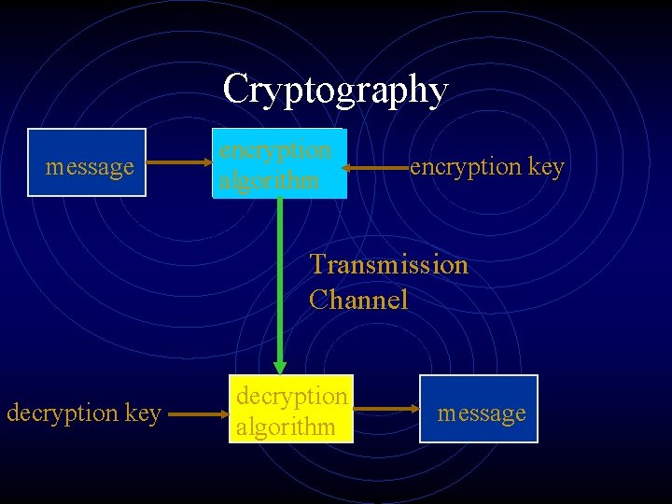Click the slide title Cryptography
coord(336,90)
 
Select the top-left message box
coord(87,162)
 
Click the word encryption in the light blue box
coord(275,149)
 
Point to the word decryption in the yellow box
coord(292,396)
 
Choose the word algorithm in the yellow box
coord(286,427)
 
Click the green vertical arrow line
coord(279,280)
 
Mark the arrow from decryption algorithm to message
coord(386,409)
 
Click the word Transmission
coord(389,264)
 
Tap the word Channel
coord(359,300)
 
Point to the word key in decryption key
coord(143,413)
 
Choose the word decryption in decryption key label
coord(63,412)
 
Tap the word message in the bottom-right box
coord(482,413)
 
